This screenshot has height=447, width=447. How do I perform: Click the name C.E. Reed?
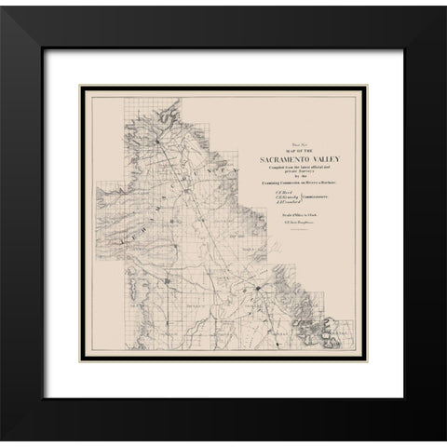point(278,193)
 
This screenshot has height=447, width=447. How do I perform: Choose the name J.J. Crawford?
point(282,204)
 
